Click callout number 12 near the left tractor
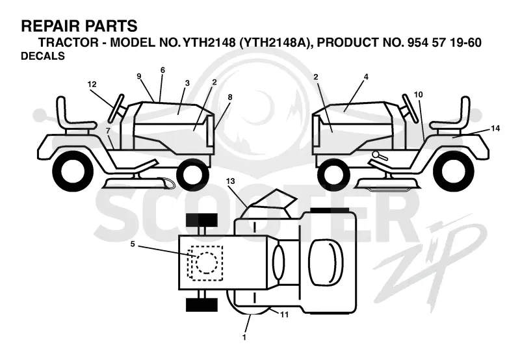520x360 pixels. tap(92, 84)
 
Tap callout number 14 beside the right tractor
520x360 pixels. tap(495, 128)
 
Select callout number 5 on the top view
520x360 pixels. tap(133, 244)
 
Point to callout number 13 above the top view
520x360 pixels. tap(231, 181)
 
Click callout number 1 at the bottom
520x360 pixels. tap(244, 337)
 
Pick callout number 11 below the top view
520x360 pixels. tap(284, 315)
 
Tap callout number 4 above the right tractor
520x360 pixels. tap(366, 77)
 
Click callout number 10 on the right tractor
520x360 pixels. tap(419, 95)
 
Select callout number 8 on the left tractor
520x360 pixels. tap(230, 97)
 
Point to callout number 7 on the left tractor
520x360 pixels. tap(108, 131)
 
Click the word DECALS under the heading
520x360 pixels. tap(43, 56)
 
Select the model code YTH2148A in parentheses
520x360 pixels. tap(274, 42)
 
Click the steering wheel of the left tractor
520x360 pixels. tap(116, 109)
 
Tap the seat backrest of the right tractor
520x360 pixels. tap(465, 109)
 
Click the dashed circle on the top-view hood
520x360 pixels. tap(207, 263)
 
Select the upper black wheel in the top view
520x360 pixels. tap(201, 220)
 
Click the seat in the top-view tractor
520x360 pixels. tap(326, 263)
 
